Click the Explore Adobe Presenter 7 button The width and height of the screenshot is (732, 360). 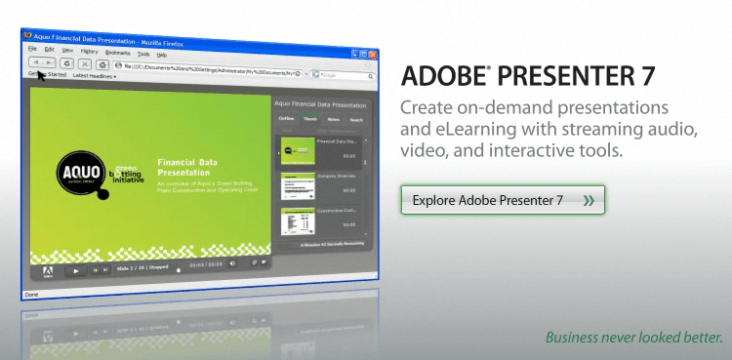(x=503, y=200)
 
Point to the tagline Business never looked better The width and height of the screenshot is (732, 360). (x=634, y=339)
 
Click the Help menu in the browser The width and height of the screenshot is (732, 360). (x=162, y=55)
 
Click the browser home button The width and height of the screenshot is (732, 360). (x=102, y=63)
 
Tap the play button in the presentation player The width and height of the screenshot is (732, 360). (x=75, y=270)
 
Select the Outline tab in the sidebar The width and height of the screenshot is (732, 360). (x=287, y=119)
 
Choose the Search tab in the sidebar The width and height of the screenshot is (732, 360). (x=356, y=120)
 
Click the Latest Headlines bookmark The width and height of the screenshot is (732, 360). (x=95, y=76)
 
